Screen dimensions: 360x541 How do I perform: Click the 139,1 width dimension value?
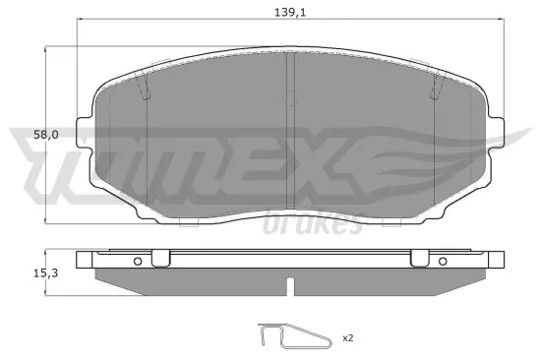pos(284,12)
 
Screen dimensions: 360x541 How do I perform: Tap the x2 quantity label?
pos(347,337)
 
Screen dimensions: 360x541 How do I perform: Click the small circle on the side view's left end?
pos(138,261)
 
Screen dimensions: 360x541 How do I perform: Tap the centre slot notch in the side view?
pos(289,287)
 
